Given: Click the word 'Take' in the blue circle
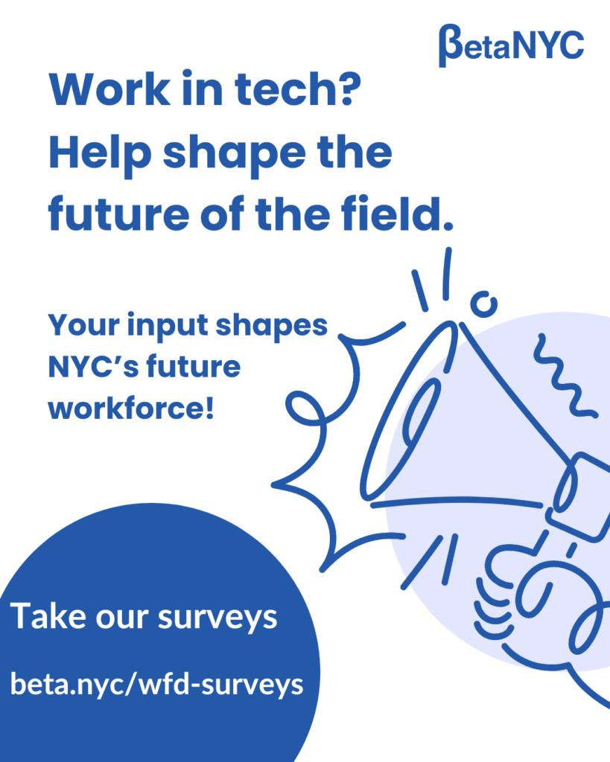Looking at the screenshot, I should coord(47,617).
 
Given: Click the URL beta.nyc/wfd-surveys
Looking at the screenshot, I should coord(156,684).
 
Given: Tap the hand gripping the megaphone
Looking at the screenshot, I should coord(521,595).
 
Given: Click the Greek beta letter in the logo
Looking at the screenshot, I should coord(450,45).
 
